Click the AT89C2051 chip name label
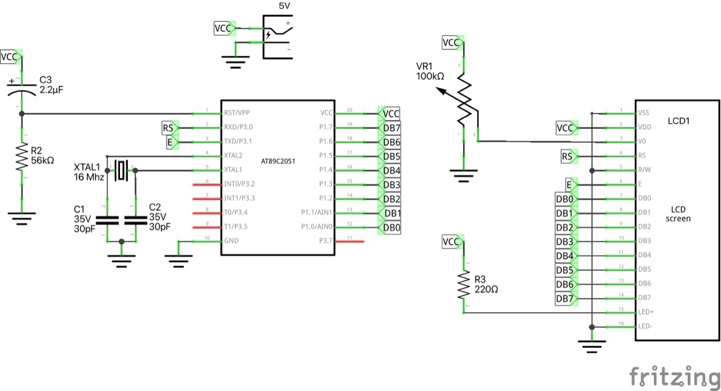278,161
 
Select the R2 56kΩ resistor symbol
21,158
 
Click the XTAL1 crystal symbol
121,170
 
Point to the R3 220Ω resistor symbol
464,285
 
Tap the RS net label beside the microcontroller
168,128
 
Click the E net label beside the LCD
571,184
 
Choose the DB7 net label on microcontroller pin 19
391,128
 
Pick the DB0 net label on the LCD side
564,199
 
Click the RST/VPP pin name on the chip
237,113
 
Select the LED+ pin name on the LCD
647,312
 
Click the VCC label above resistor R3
451,241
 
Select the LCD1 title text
678,121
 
